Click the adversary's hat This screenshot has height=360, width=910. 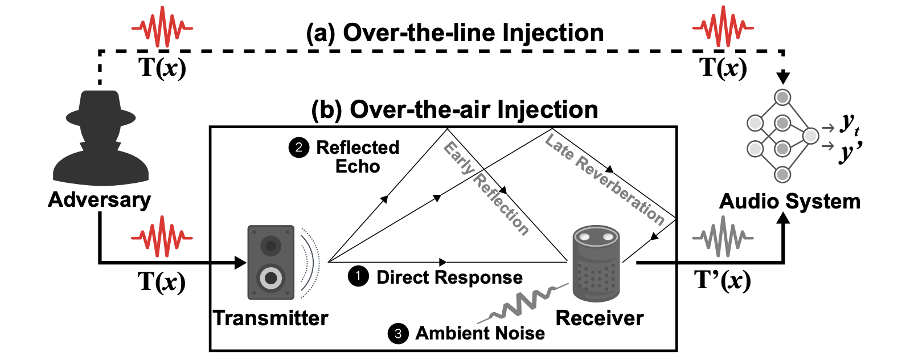click(x=101, y=108)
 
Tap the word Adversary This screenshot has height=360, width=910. click(x=100, y=199)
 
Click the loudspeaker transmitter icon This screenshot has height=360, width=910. click(x=271, y=262)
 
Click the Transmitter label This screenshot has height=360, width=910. click(x=270, y=318)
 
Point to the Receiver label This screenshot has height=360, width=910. click(x=600, y=318)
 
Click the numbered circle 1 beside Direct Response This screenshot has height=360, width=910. click(x=358, y=277)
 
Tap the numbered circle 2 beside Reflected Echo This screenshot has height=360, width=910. click(x=298, y=148)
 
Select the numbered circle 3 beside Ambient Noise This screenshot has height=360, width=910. click(x=398, y=333)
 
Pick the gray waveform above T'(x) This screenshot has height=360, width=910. click(x=723, y=236)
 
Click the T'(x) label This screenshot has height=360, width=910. click(x=723, y=280)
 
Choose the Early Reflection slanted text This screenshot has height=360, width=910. click(x=486, y=189)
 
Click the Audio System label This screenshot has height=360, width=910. click(x=790, y=201)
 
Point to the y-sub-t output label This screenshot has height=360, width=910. click(x=850, y=124)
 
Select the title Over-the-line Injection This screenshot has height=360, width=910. click(x=455, y=32)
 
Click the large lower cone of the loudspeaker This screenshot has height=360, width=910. click(x=271, y=278)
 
